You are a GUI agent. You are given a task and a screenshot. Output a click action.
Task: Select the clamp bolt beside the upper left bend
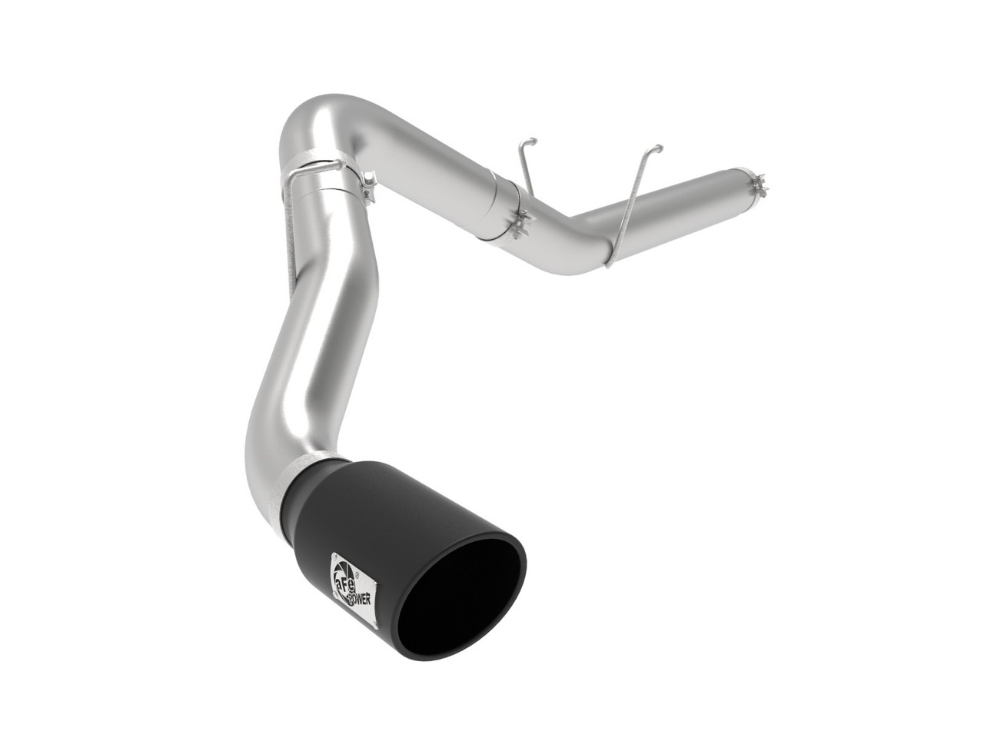click(367, 183)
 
